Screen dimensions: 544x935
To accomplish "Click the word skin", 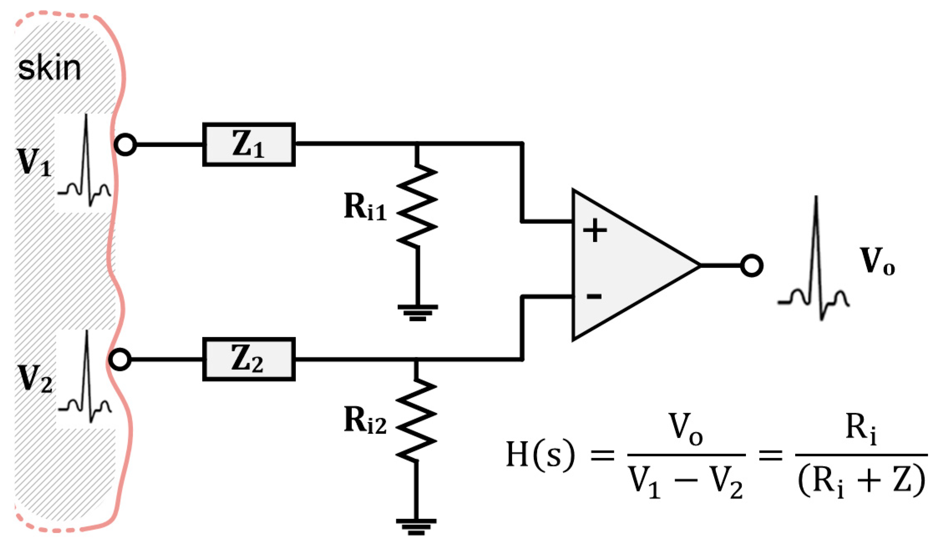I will coord(49,69).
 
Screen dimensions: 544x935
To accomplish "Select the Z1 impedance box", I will coord(249,145).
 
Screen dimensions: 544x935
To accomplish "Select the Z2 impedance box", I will coord(249,359).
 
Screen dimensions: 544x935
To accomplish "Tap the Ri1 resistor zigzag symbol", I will coord(417,204).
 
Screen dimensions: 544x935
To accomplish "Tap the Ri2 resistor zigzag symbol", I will coord(416,419).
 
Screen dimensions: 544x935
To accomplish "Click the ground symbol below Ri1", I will coord(417,312).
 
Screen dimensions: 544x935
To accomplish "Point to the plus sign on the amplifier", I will coord(594,231).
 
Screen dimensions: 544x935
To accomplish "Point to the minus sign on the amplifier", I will coord(594,296).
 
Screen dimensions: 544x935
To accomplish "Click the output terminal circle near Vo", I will coord(752,266).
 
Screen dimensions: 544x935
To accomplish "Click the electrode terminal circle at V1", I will coord(125,145).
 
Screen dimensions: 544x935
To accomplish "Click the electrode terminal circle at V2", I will coord(120,360).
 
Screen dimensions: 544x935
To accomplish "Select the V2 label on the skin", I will coord(34,379).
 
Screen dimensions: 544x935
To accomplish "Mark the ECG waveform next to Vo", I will coord(814,267).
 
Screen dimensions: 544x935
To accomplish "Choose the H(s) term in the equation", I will coord(540,454).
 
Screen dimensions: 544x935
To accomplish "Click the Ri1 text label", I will coord(365,207).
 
